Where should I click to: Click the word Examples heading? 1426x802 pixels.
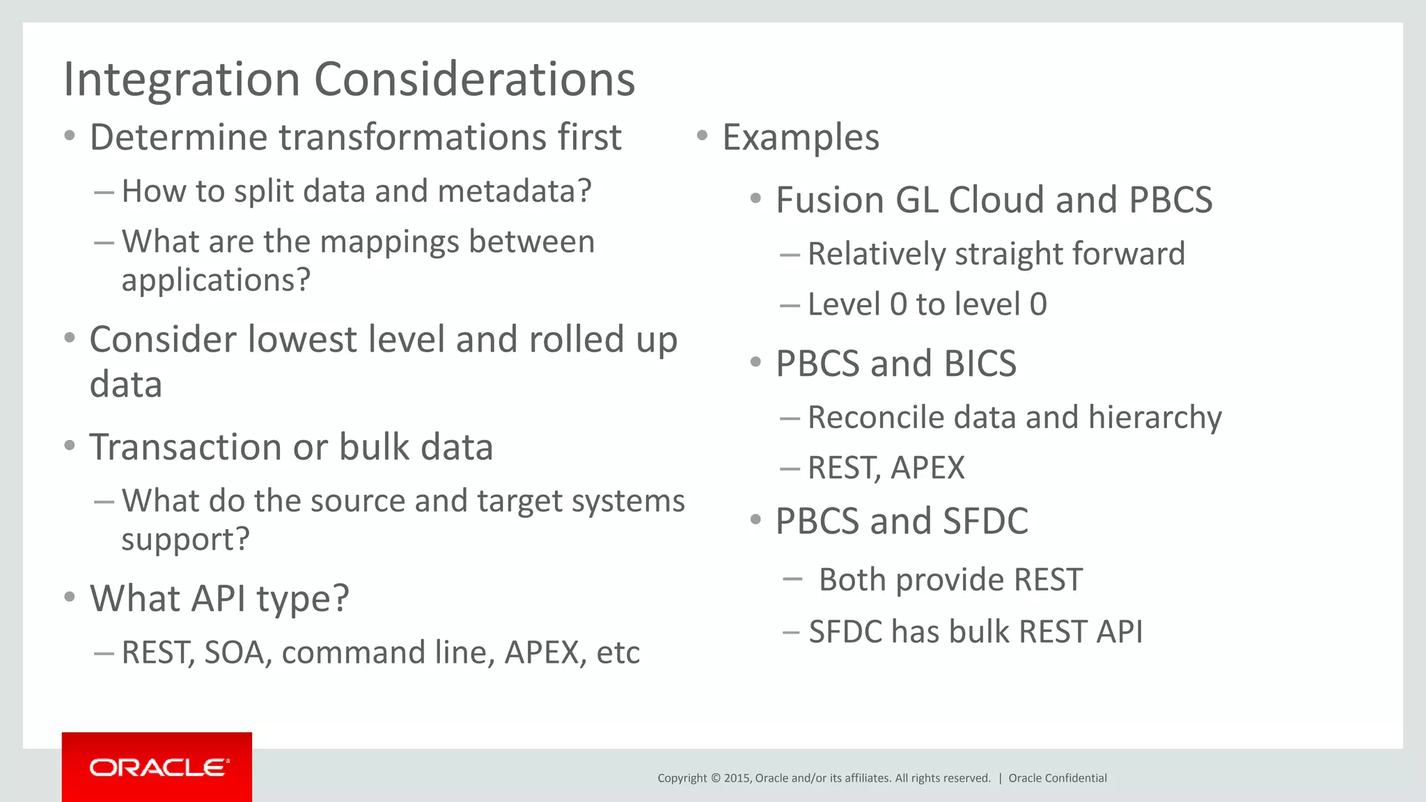[801, 137]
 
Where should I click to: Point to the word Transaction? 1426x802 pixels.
[185, 447]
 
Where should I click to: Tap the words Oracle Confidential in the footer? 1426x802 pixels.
[1057, 778]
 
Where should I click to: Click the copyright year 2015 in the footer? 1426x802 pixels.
[736, 778]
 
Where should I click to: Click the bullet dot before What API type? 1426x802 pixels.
[69, 597]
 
